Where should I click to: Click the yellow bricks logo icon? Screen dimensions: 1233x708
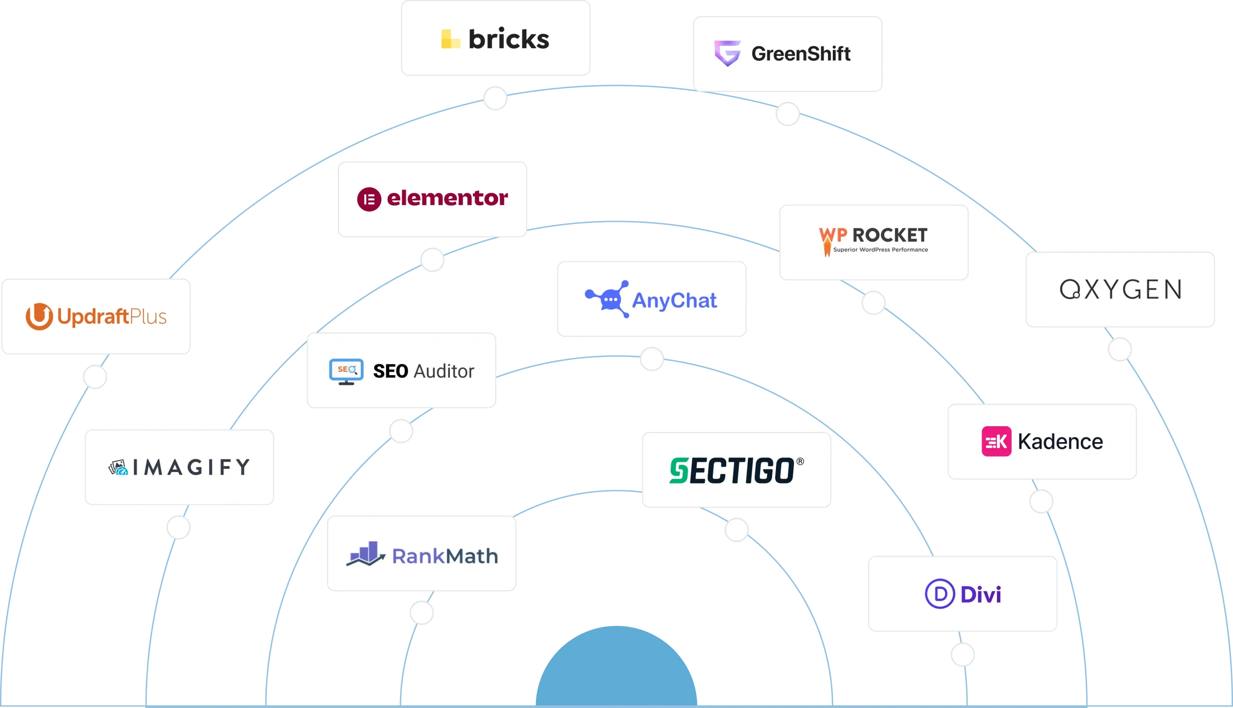pyautogui.click(x=450, y=39)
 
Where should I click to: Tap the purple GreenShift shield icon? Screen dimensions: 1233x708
pyautogui.click(x=727, y=53)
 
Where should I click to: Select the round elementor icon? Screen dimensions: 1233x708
pyautogui.click(x=369, y=199)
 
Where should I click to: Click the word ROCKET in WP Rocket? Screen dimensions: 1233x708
pyautogui.click(x=890, y=236)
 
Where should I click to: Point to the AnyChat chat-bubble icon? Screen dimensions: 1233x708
pyautogui.click(x=607, y=299)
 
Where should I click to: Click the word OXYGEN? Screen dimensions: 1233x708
pyautogui.click(x=1120, y=289)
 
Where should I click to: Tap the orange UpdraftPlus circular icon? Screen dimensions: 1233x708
pyautogui.click(x=39, y=316)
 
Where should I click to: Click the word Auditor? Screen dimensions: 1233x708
pyautogui.click(x=444, y=371)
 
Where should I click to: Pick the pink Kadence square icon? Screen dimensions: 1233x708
pyautogui.click(x=996, y=442)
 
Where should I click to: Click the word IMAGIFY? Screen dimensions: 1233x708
pyautogui.click(x=191, y=467)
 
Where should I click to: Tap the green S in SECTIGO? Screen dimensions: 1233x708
pyautogui.click(x=679, y=471)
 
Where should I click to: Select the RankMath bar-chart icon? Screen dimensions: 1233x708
pyautogui.click(x=366, y=554)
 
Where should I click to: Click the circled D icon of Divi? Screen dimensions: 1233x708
pyautogui.click(x=940, y=594)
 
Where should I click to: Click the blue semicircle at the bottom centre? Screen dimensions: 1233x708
pyautogui.click(x=616, y=666)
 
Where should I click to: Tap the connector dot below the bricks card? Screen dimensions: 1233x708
pyautogui.click(x=496, y=99)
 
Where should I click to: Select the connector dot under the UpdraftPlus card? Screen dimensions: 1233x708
pyautogui.click(x=95, y=377)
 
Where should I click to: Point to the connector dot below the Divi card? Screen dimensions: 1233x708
pyautogui.click(x=963, y=655)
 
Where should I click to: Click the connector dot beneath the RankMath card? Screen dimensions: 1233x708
pyautogui.click(x=421, y=613)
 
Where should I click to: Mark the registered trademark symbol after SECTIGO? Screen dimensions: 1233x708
pyautogui.click(x=800, y=461)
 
